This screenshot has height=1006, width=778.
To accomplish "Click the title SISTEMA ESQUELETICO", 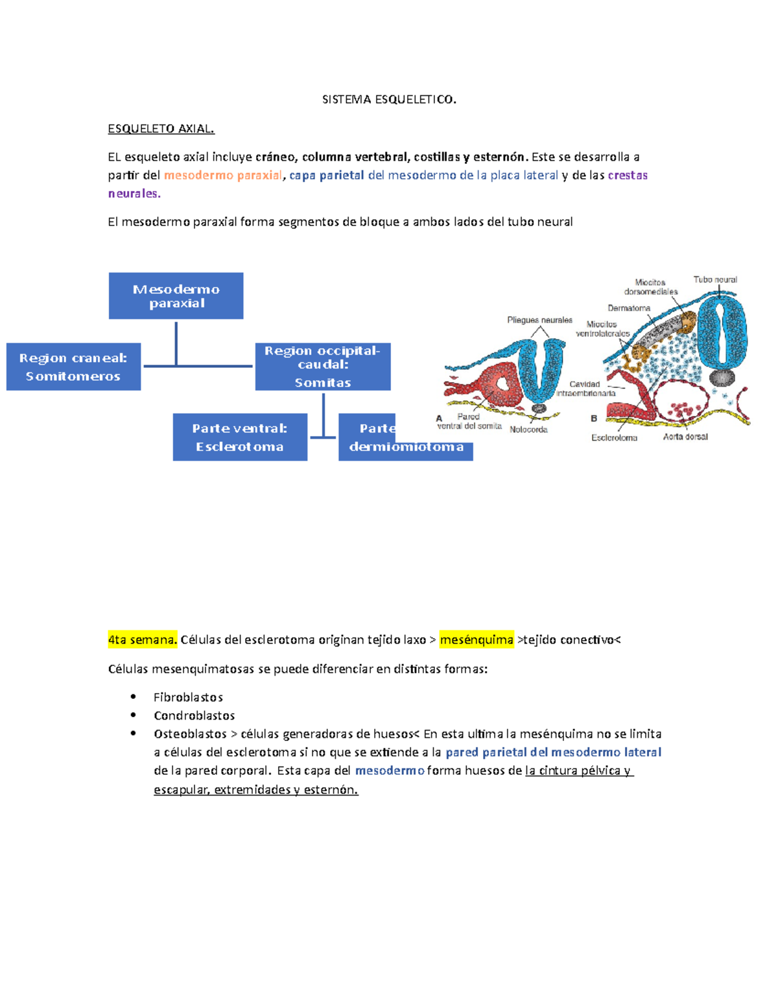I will [x=389, y=99].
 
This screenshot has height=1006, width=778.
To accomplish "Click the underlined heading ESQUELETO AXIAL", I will [x=161, y=128].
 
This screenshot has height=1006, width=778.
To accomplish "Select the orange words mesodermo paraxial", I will [x=223, y=175].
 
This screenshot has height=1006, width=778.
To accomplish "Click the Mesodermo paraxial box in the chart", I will [x=176, y=296].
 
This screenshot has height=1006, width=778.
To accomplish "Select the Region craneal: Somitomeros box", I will [x=73, y=367].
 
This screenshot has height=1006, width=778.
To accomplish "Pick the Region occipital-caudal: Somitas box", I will [x=322, y=367].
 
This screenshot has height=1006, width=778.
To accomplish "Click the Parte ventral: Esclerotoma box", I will [x=240, y=437].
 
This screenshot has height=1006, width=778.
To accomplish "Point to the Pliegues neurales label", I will [x=539, y=320].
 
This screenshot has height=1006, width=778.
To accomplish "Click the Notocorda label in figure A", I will [x=528, y=429].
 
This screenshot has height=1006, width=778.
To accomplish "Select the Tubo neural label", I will [x=715, y=280].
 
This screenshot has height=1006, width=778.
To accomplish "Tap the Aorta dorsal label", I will [x=685, y=437].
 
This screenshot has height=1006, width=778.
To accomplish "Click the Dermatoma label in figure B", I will [x=628, y=308].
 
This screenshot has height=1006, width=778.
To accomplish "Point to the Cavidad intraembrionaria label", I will [x=585, y=389].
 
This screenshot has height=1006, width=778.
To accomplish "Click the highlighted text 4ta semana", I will [x=142, y=640].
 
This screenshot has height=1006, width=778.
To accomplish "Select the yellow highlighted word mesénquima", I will [x=477, y=640].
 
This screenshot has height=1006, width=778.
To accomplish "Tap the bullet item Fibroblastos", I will [x=188, y=697].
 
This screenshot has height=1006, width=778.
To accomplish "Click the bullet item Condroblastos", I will [x=194, y=715].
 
